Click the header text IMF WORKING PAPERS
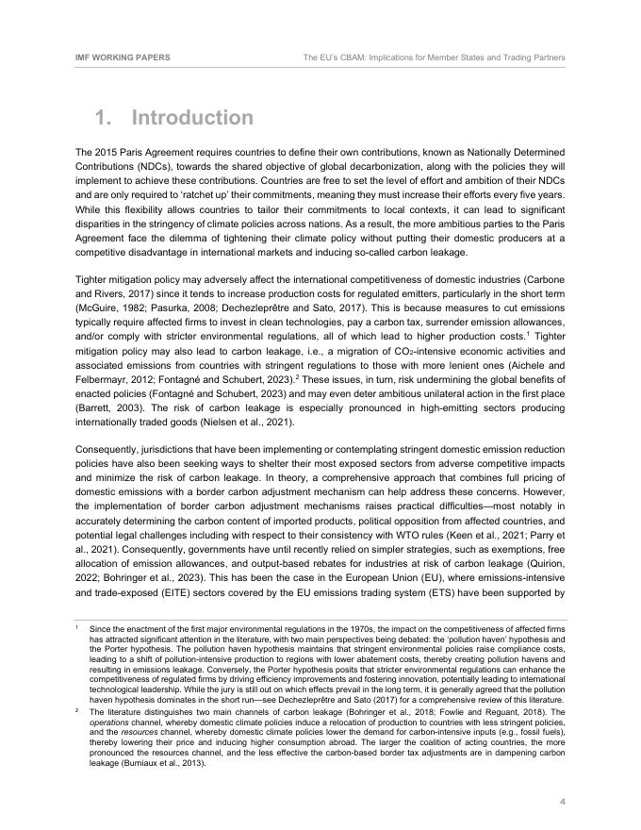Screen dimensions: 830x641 pos(123,58)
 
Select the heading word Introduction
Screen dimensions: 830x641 pos(192,118)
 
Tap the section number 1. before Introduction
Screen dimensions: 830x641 pos(106,118)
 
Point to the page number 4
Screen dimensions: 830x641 pos(563,802)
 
